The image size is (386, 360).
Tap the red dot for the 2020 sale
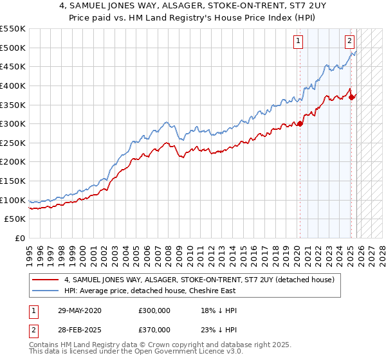pos(300,124)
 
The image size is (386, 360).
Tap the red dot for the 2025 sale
pos(351,97)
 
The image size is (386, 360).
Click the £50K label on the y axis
pos(15,219)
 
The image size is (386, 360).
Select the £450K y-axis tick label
pos(13,66)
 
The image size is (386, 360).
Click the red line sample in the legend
pos(45,280)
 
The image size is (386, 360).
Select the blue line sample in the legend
pos(45,291)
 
